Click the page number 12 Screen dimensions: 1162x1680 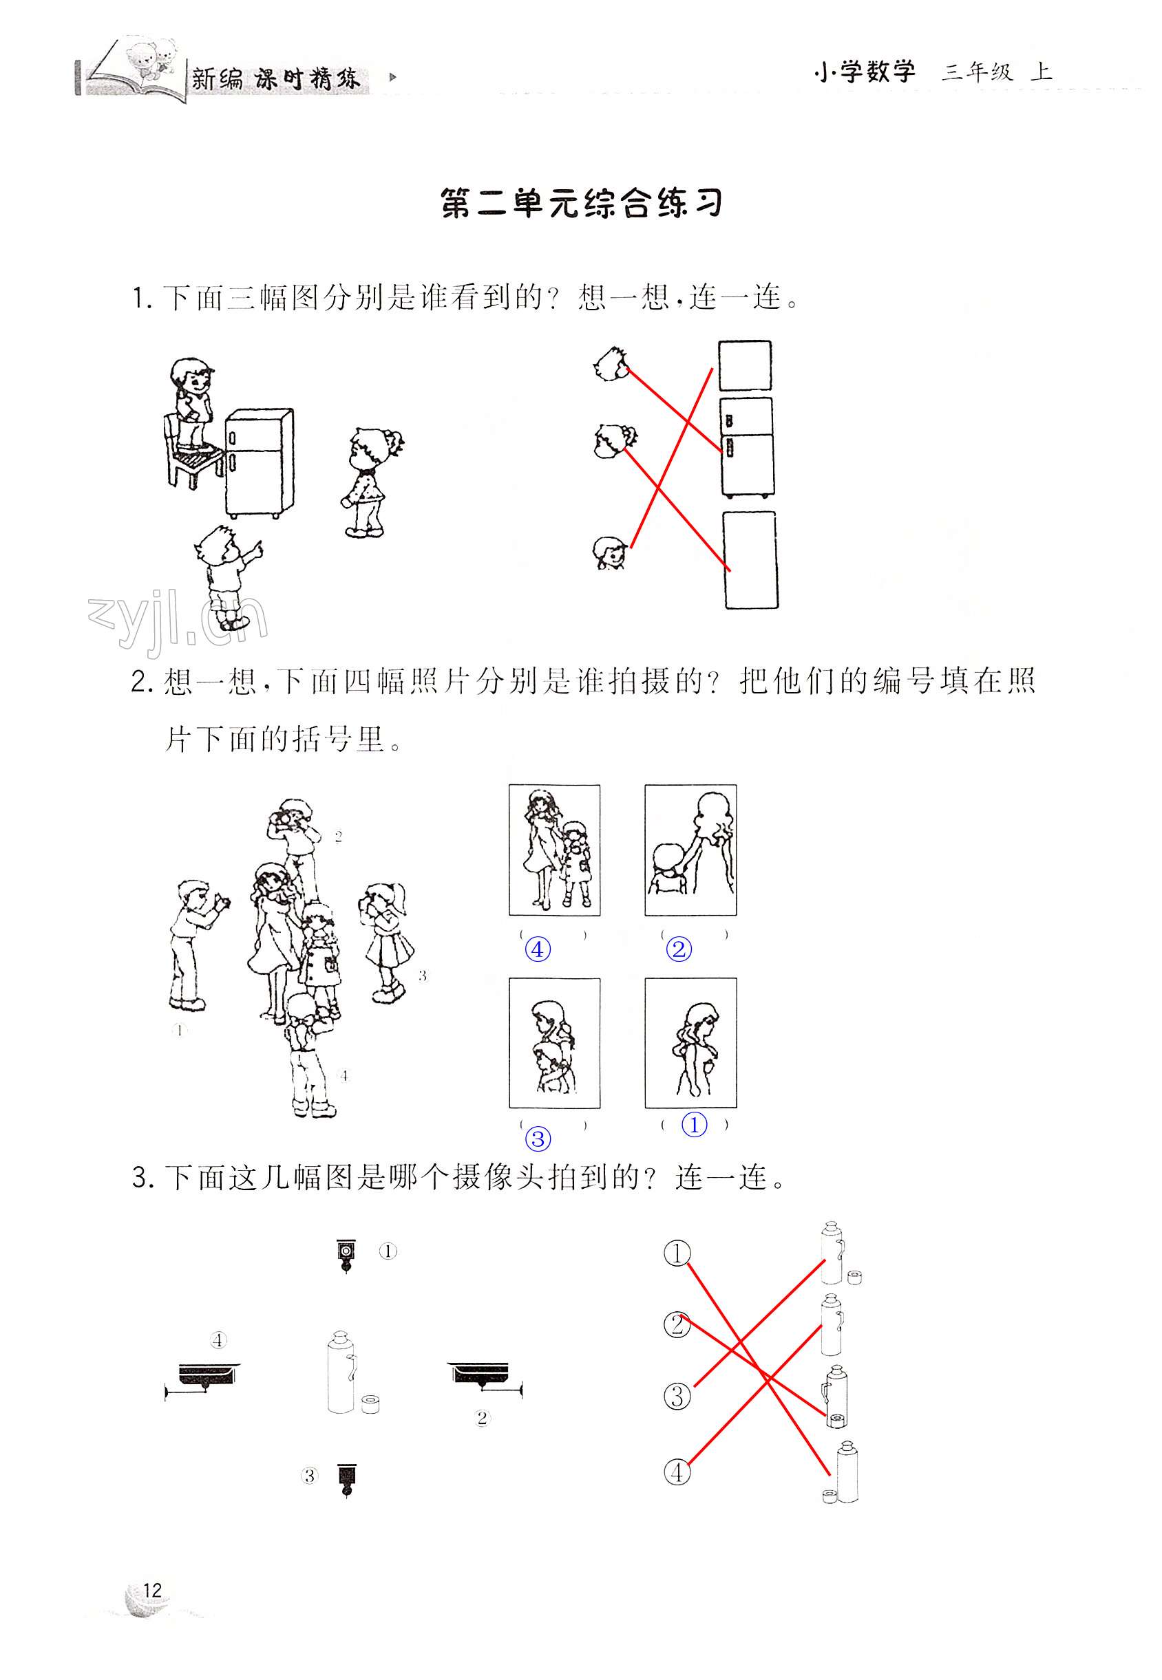[x=152, y=1591]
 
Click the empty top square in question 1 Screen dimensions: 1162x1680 [x=745, y=366]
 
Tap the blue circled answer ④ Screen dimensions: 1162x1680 [x=538, y=949]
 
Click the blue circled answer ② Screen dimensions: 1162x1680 [x=679, y=949]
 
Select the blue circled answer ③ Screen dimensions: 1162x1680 [x=538, y=1139]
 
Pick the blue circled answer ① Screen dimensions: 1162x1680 [x=694, y=1125]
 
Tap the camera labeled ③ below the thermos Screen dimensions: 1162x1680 [x=346, y=1478]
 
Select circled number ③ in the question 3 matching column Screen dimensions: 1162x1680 [x=677, y=1397]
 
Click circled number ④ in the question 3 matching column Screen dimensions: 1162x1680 [x=677, y=1473]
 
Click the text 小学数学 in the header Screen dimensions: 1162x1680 [x=864, y=72]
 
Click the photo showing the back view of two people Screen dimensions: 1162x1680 [x=690, y=850]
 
